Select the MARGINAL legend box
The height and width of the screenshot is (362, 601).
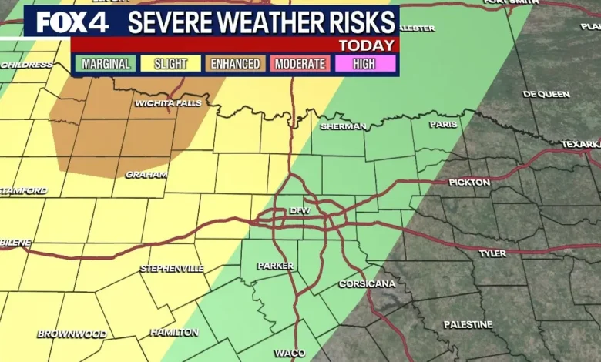coord(105,63)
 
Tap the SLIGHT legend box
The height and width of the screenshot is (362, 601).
coord(170,63)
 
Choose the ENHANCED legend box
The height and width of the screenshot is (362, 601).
coord(236,63)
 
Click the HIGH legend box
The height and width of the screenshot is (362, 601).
coord(364,63)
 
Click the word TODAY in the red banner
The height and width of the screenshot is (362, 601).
coord(367,45)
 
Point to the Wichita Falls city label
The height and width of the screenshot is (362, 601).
coord(168,103)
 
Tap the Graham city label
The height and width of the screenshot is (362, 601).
coord(146,175)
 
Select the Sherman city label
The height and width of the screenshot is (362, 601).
coord(343,126)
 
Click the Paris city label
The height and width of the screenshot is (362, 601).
coord(443,124)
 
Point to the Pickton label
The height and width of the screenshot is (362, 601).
coord(469,183)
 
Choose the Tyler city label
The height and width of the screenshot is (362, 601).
coord(492,253)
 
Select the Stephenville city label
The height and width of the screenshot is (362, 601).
coord(172,268)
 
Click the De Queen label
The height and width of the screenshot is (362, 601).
coord(546,94)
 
